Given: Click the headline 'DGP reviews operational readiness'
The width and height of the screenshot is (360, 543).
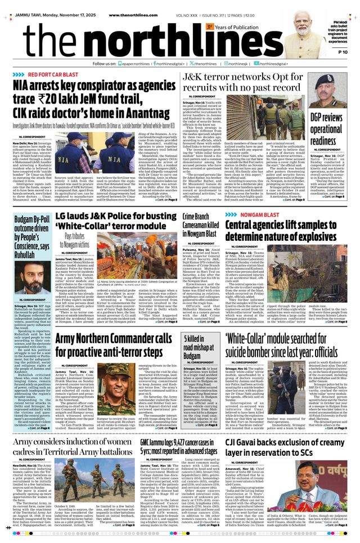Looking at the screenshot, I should [x=326, y=128].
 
